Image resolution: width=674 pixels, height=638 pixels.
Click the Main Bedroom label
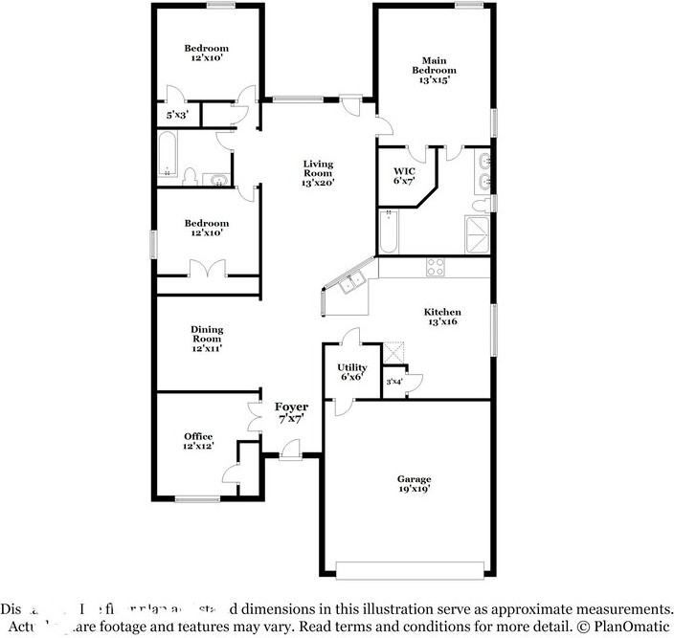pos(434,70)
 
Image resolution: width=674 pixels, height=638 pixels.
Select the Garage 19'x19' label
pos(415,484)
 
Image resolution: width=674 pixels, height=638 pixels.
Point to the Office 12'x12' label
pos(198,441)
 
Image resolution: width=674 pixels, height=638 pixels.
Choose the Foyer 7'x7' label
pos(292,413)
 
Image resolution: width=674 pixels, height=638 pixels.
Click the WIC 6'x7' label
pos(402,175)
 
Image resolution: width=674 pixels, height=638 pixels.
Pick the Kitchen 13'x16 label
pos(442,318)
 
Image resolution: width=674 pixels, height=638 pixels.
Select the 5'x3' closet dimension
pos(177,115)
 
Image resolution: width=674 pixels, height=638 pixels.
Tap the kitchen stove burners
pos(435,268)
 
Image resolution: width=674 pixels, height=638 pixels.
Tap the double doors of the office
pos(254,417)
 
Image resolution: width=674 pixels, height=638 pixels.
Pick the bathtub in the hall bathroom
pos(168,157)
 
